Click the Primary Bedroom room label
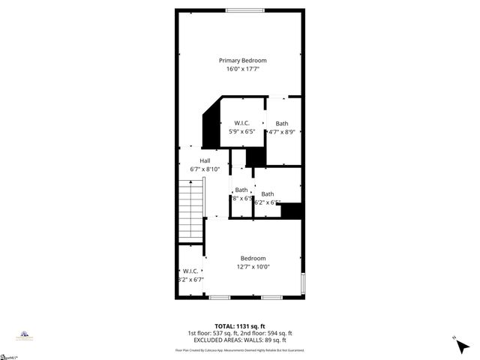[x=242, y=60]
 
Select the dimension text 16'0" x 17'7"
[x=242, y=69]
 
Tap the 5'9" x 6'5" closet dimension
[x=241, y=131]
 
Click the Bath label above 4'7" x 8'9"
[x=281, y=123]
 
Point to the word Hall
[x=205, y=160]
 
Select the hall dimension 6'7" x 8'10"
[x=205, y=169]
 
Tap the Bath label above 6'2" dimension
[x=267, y=193]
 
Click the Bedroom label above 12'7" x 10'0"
[x=253, y=258]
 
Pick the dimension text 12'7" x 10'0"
[x=253, y=267]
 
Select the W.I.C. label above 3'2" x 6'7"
[x=189, y=271]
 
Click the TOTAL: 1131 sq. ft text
[x=239, y=325]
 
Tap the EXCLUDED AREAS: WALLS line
[x=240, y=340]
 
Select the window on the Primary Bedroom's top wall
[x=239, y=10]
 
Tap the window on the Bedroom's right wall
[x=303, y=284]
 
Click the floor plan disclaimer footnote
[x=240, y=350]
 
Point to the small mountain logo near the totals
[x=24, y=335]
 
